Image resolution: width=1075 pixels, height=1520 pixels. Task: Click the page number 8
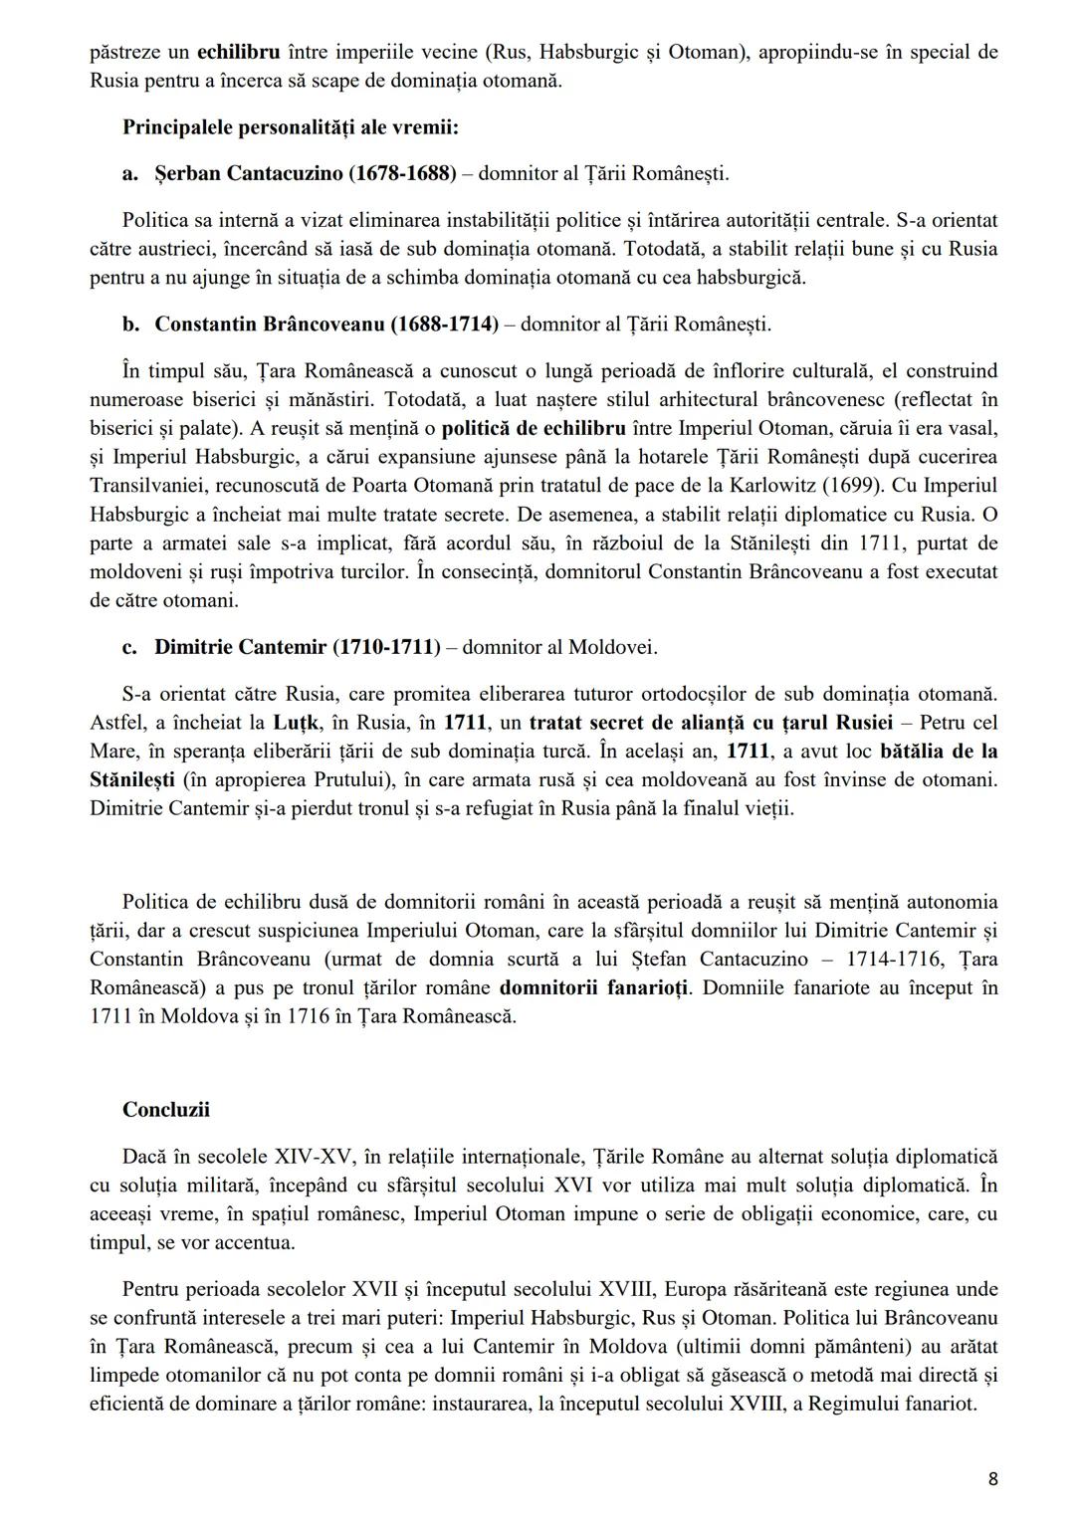992,1478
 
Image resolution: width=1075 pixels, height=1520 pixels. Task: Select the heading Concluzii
166,1110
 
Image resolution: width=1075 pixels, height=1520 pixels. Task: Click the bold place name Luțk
295,722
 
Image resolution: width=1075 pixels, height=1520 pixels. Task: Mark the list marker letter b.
129,324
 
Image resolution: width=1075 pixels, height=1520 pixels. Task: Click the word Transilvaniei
150,486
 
